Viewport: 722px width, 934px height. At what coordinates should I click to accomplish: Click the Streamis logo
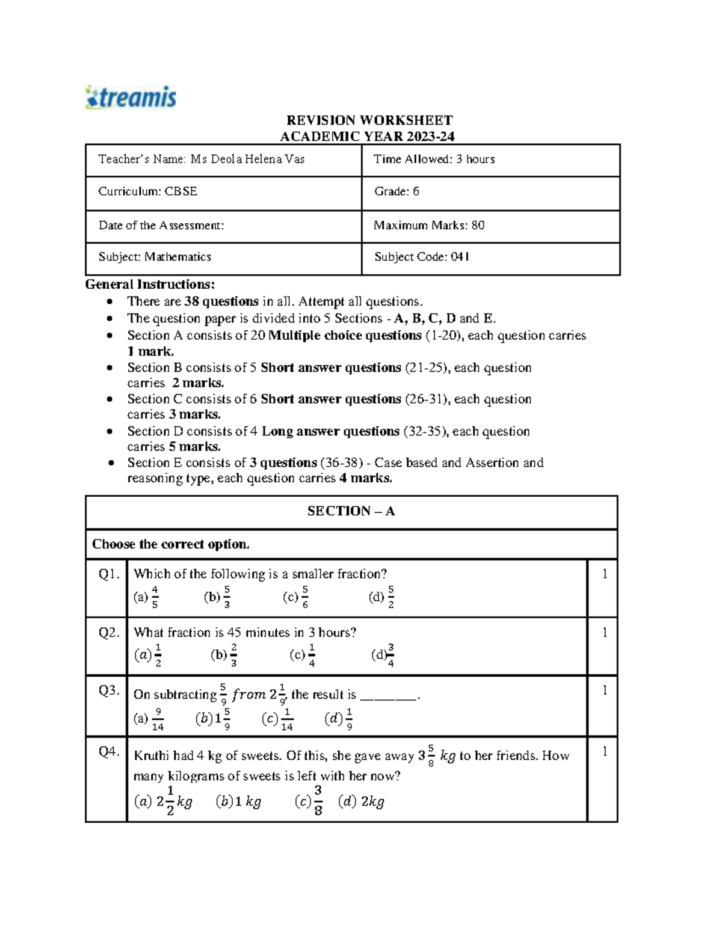pos(131,97)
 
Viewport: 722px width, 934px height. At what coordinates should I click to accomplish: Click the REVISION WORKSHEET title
pos(369,120)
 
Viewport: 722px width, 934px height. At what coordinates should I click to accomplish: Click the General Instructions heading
pos(150,284)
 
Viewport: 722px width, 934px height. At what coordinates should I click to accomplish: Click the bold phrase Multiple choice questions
pos(345,336)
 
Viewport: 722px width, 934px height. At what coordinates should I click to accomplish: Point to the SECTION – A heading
pos(351,511)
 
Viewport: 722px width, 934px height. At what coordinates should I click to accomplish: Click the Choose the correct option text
pos(171,544)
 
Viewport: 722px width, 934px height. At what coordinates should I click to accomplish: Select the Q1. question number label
pos(109,574)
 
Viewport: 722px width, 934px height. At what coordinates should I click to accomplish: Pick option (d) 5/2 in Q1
pos(382,597)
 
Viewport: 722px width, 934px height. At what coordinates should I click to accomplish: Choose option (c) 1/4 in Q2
pos(303,656)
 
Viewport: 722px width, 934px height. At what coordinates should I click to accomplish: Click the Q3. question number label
pos(109,690)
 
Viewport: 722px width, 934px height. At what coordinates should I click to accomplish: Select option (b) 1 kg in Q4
pos(238,802)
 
